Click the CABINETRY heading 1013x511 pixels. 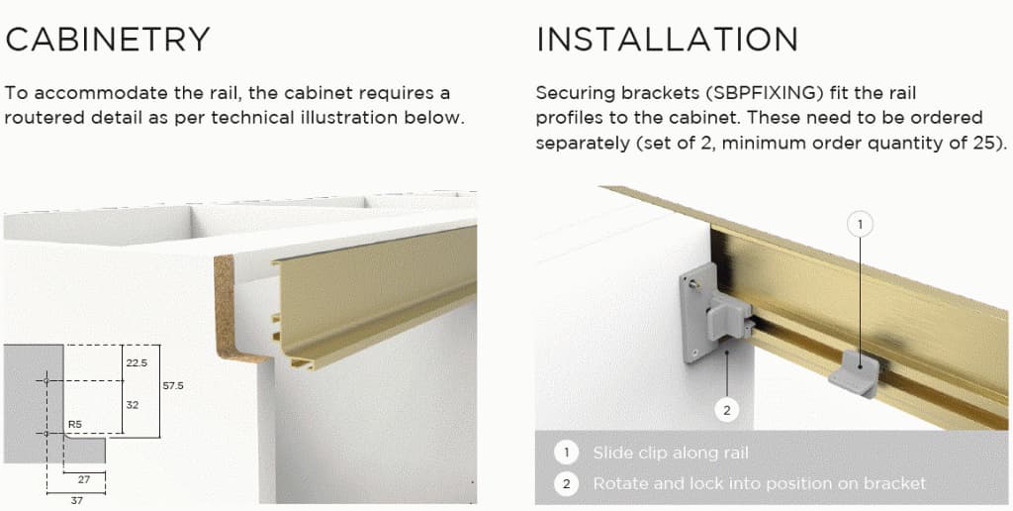(x=107, y=40)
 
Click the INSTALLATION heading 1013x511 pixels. (x=667, y=40)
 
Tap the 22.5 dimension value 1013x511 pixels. (x=137, y=362)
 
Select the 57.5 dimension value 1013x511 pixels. (x=172, y=385)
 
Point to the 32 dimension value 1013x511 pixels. (x=133, y=405)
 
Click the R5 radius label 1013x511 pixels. (x=75, y=425)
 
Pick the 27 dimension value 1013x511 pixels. (x=83, y=480)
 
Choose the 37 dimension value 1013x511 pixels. (x=76, y=499)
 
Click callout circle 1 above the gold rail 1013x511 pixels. (x=860, y=225)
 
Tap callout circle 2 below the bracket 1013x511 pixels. (x=727, y=410)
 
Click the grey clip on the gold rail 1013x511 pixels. (x=854, y=373)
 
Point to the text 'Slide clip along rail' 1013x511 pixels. (x=671, y=453)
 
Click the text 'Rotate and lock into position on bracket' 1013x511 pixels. (x=759, y=483)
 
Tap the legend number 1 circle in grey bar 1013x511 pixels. (x=566, y=453)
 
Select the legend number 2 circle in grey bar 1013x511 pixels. (x=566, y=483)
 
